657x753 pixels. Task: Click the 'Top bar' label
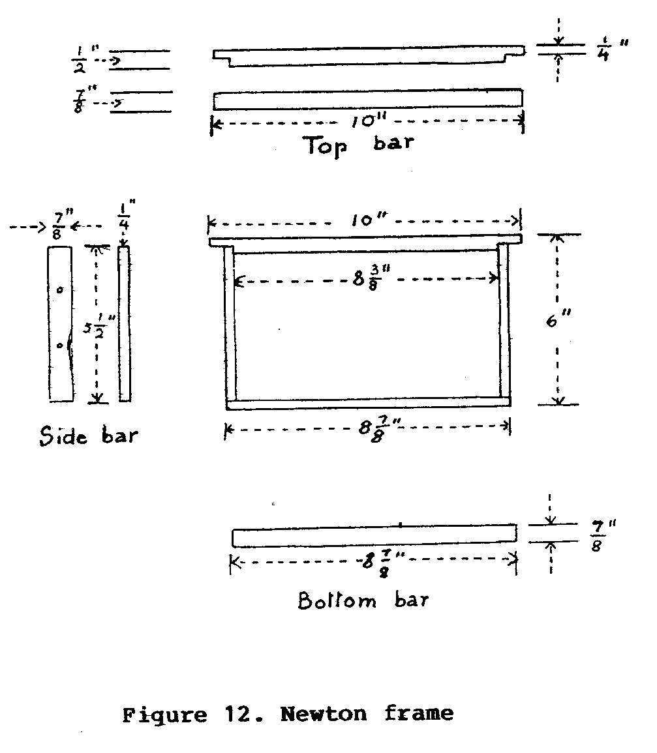coord(359,145)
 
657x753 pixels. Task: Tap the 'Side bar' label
coord(89,436)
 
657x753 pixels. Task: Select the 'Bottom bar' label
coord(363,600)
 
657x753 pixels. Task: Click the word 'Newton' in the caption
coord(324,714)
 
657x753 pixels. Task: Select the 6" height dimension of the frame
coord(558,318)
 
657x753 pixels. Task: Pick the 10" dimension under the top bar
coord(368,121)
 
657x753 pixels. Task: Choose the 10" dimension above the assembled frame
coord(368,220)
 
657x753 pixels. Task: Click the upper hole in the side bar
coord(60,289)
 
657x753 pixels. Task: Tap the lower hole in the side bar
coord(60,346)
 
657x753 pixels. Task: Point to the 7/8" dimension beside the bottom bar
coord(602,535)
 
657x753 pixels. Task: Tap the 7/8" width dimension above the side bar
coord(61,225)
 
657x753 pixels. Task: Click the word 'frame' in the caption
coord(419,714)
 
